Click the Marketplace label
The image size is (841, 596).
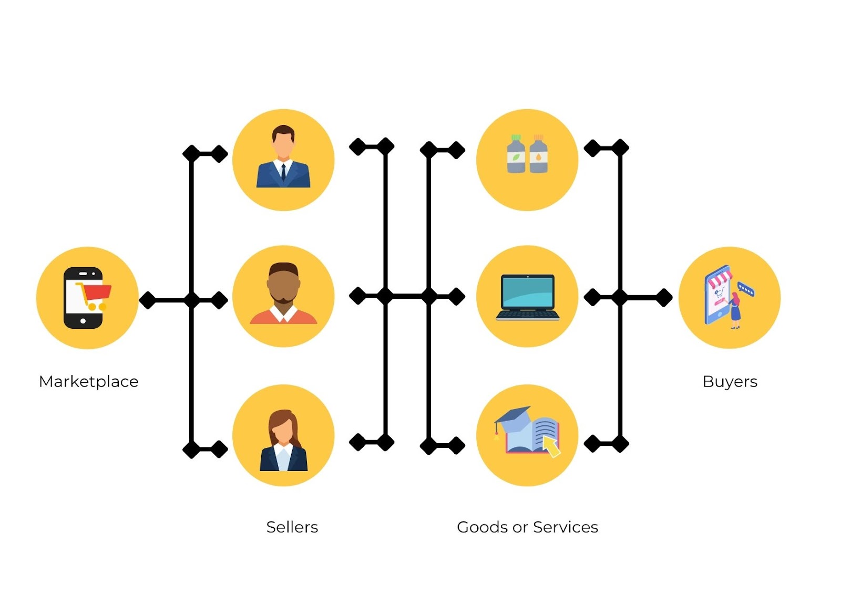pos(88,381)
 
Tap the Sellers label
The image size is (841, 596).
pos(292,527)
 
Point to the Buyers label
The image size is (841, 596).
pos(730,381)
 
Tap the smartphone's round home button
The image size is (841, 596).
pos(83,321)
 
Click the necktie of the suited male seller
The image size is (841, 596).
pos(283,172)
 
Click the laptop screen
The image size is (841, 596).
pos(527,292)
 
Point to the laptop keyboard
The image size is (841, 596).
pos(527,315)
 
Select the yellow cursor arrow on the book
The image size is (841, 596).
pos(551,446)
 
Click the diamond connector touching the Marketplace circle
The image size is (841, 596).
pos(148,300)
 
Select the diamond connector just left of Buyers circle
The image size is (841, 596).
pos(664,297)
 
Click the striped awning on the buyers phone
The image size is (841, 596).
pos(719,278)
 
